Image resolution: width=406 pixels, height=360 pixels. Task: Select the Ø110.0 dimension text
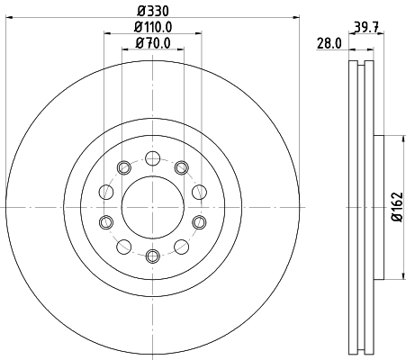click(x=151, y=27)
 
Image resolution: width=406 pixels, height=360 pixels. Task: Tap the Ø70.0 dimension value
click(x=151, y=42)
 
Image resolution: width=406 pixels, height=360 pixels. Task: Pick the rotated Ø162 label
click(x=396, y=208)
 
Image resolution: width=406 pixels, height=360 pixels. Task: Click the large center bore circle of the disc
click(x=151, y=207)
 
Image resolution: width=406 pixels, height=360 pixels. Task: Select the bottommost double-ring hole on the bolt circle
click(x=151, y=256)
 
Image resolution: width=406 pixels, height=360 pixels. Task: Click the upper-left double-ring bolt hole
click(x=122, y=167)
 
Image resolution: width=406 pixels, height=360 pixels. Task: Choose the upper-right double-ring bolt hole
click(x=181, y=167)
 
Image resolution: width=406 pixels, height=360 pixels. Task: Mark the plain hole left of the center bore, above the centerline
click(x=106, y=192)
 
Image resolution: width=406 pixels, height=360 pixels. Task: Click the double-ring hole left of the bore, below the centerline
click(x=106, y=222)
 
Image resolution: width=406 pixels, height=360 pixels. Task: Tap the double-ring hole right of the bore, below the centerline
click(x=197, y=222)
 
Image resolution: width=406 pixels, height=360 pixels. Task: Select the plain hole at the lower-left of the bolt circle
click(x=122, y=247)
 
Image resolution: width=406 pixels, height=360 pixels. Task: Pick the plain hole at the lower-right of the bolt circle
click(x=181, y=247)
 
